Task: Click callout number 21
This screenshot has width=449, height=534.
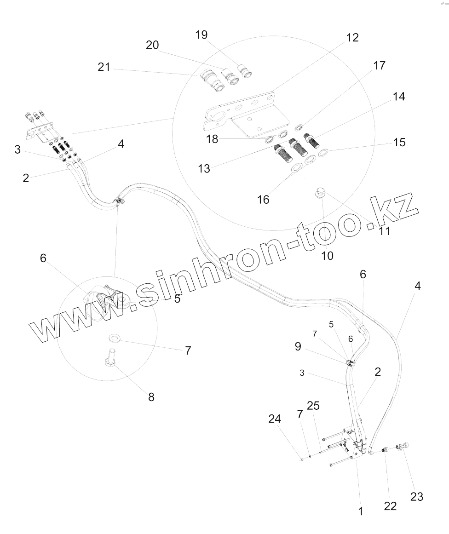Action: point(104,67)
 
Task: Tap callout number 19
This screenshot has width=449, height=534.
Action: point(201,35)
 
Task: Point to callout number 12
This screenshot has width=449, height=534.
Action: point(352,38)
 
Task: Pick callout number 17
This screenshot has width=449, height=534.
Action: point(379,66)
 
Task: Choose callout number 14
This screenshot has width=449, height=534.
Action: point(399,97)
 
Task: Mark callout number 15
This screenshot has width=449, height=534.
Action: point(399,142)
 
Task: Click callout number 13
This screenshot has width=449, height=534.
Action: point(204,168)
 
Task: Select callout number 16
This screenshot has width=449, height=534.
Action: point(264,200)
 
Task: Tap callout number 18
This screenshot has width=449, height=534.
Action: point(212,139)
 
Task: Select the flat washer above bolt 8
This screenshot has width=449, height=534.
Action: point(113,339)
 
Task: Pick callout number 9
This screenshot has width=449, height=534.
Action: point(298,346)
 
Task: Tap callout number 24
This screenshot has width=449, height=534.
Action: point(275,419)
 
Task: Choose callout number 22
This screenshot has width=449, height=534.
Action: point(390,506)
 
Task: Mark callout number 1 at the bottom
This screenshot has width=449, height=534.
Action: point(361,511)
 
